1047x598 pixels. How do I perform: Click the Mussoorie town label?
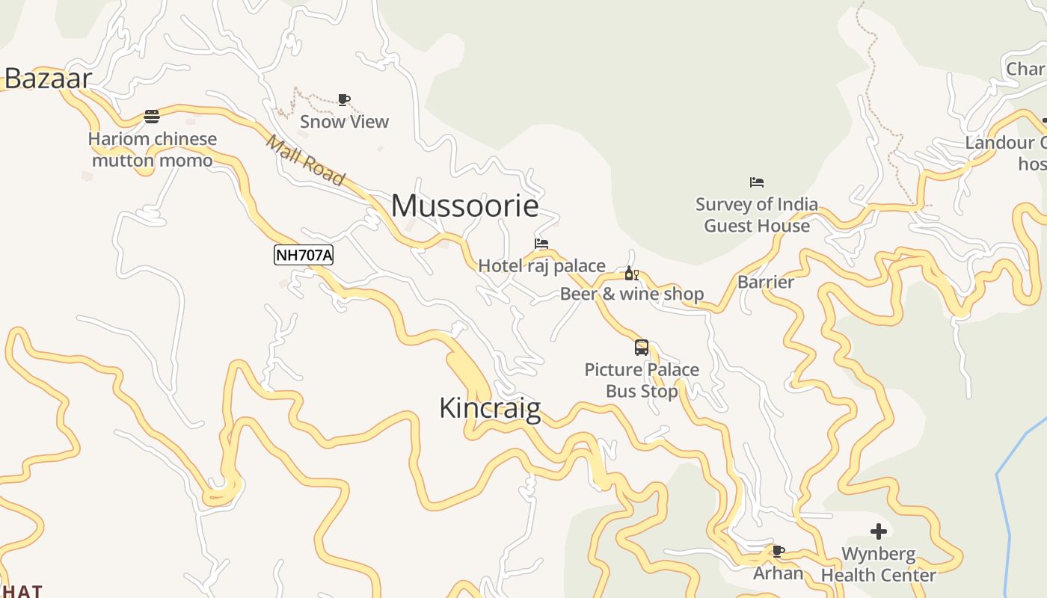point(464,206)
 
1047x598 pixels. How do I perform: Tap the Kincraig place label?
point(490,408)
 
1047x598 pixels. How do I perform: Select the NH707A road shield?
point(304,255)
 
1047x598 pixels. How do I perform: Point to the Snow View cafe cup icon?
point(343,99)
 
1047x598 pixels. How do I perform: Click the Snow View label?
point(344,121)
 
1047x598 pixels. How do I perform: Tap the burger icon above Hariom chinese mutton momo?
point(152,117)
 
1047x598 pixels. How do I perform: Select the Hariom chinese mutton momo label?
point(153,149)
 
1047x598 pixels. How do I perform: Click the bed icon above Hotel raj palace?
point(541,244)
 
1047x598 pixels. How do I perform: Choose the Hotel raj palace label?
point(541,265)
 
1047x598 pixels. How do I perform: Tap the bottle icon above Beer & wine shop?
point(631,274)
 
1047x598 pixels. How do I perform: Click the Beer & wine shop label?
point(632,294)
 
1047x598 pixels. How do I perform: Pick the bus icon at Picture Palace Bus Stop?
point(642,348)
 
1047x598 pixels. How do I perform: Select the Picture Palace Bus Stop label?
point(642,380)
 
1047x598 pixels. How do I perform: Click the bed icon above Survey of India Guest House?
point(757,182)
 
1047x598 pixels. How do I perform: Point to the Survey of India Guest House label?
point(757,215)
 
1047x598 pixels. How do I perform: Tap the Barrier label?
point(766,282)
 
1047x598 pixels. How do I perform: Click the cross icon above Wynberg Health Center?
point(879,531)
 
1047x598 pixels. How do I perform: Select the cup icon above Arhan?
point(778,552)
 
